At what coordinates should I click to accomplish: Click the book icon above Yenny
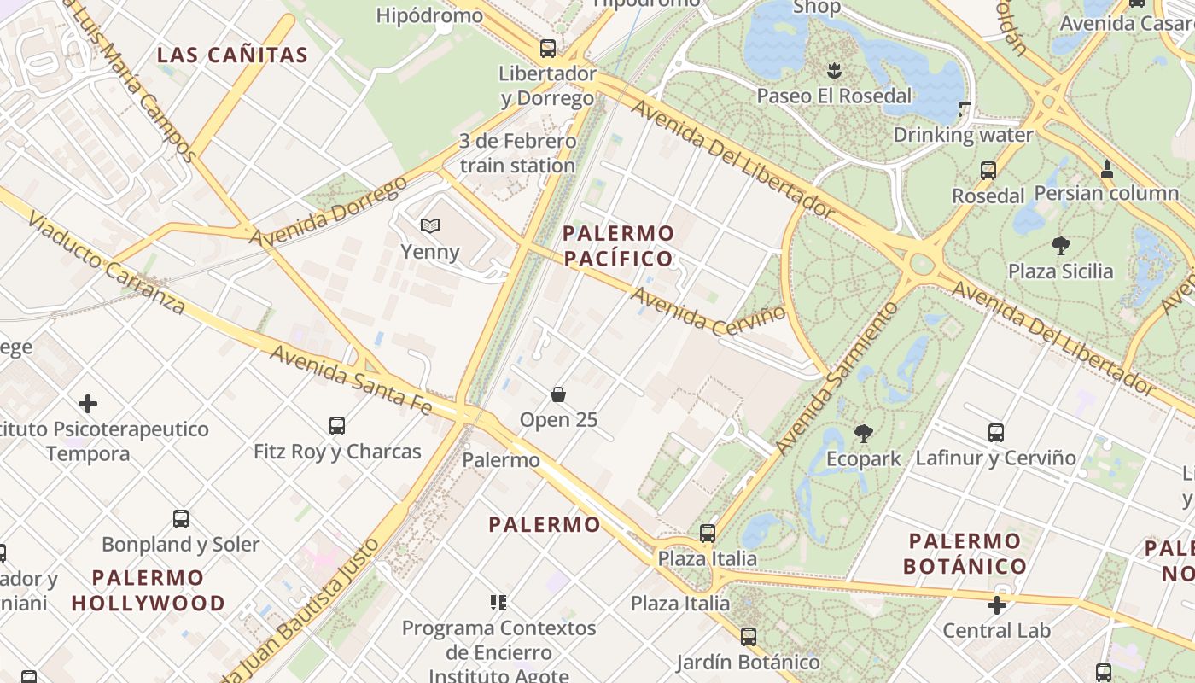pyautogui.click(x=430, y=226)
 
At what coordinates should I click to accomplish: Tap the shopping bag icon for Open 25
pyautogui.click(x=558, y=394)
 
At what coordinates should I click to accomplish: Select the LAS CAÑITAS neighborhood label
pyautogui.click(x=232, y=55)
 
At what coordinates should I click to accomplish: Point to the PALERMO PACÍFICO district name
pyautogui.click(x=618, y=246)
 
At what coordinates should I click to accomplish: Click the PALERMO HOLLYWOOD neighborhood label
pyautogui.click(x=149, y=590)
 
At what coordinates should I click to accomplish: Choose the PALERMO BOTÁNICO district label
pyautogui.click(x=965, y=553)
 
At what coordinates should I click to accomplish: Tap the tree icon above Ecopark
pyautogui.click(x=863, y=434)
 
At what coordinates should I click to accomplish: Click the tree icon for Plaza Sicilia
pyautogui.click(x=1061, y=247)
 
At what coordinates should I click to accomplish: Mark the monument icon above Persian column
pyautogui.click(x=1106, y=169)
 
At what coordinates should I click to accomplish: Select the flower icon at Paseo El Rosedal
pyautogui.click(x=834, y=70)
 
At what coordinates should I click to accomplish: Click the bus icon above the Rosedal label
pyautogui.click(x=988, y=171)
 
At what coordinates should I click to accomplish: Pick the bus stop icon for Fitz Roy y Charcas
pyautogui.click(x=337, y=425)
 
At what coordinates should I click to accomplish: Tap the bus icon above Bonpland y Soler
pyautogui.click(x=181, y=518)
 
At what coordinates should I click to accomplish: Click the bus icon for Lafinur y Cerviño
pyautogui.click(x=996, y=433)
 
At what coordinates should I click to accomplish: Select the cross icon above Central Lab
pyautogui.click(x=996, y=605)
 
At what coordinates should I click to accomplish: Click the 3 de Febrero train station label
pyautogui.click(x=517, y=154)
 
